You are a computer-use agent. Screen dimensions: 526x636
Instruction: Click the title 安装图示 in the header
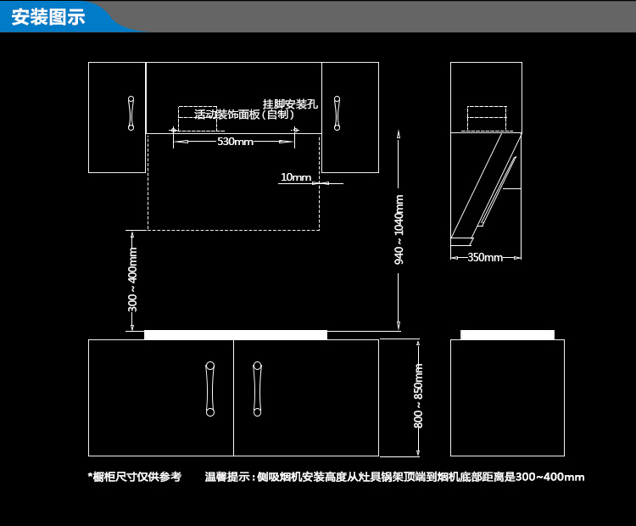(x=48, y=17)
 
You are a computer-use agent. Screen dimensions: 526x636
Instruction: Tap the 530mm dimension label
(x=235, y=142)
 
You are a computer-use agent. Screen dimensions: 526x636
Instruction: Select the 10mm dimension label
(x=296, y=177)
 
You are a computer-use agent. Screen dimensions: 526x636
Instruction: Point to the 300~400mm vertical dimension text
(x=133, y=281)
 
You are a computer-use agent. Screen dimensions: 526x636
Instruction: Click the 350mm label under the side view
(x=485, y=257)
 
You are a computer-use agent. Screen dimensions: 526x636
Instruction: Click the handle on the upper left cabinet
(x=131, y=112)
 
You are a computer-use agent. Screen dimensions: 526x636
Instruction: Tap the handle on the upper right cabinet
(x=338, y=112)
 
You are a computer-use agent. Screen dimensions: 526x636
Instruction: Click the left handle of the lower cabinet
(x=209, y=389)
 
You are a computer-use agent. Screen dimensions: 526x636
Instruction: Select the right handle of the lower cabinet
(x=257, y=389)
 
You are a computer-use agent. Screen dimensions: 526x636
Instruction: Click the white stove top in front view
(x=235, y=335)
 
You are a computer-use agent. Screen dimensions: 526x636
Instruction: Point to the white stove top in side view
(x=507, y=334)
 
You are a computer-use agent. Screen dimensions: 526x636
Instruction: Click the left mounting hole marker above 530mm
(x=173, y=130)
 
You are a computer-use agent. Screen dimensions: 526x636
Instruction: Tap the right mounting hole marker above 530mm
(x=296, y=130)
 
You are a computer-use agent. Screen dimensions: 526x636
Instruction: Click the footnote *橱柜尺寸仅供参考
(x=135, y=478)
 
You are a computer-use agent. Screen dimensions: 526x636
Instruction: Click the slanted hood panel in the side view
(x=488, y=187)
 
